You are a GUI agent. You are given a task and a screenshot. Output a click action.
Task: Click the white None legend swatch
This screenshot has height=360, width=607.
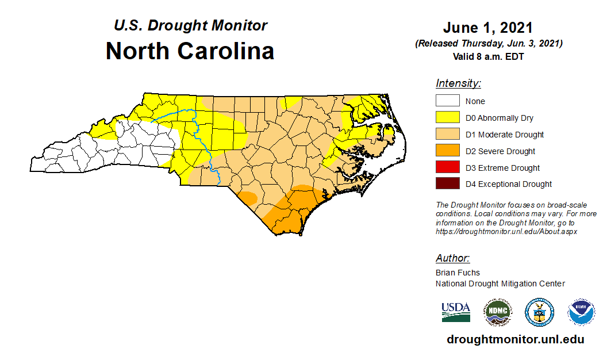click(x=447, y=101)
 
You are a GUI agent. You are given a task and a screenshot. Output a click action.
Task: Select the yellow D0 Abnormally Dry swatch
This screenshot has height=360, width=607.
click(x=447, y=118)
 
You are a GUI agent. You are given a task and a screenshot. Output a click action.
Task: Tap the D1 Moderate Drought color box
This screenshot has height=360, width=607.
click(x=447, y=135)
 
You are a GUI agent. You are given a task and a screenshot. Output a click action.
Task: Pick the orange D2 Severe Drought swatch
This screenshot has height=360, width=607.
click(x=447, y=151)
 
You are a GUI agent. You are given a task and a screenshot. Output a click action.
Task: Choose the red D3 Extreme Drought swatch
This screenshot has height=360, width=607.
click(x=447, y=168)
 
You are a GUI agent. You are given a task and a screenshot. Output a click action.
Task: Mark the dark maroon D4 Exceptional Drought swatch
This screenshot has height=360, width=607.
click(x=447, y=184)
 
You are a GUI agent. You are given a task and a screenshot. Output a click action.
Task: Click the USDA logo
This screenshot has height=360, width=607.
click(x=456, y=312)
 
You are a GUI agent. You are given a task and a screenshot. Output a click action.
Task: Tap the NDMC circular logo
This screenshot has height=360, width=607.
click(x=497, y=312)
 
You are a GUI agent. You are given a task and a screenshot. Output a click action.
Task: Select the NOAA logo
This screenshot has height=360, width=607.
click(x=581, y=312)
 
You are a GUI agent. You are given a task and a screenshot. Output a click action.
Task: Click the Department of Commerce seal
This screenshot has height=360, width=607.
click(x=539, y=312)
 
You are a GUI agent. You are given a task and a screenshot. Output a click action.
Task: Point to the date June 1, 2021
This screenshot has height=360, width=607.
click(x=487, y=28)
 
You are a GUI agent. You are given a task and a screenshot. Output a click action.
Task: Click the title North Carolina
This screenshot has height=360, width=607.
click(x=190, y=51)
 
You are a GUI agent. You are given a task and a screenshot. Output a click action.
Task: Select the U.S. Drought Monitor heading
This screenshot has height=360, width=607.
click(x=190, y=26)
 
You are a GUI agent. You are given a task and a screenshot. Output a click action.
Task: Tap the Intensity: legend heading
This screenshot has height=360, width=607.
click(x=458, y=83)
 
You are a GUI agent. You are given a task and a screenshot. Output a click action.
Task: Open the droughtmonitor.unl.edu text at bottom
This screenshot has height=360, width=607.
click(x=515, y=339)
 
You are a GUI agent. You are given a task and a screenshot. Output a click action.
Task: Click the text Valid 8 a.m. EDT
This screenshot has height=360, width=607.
click(x=488, y=56)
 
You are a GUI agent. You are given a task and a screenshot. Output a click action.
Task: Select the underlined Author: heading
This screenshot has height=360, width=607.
click(x=452, y=258)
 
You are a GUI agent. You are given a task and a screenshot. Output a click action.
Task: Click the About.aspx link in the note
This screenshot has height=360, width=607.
click(x=506, y=231)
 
